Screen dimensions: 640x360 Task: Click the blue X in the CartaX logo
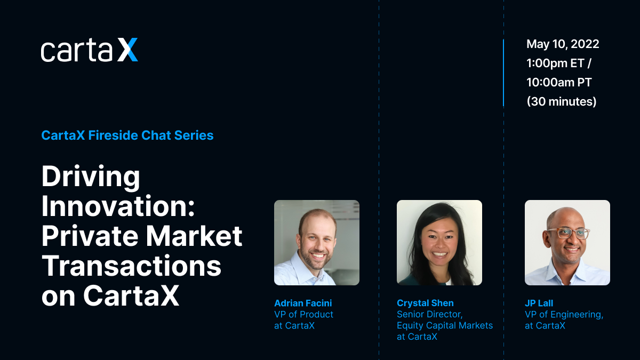point(127,50)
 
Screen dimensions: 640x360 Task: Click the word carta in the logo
point(77,51)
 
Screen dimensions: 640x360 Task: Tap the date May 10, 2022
point(563,44)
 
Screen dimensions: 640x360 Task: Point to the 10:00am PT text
point(559,82)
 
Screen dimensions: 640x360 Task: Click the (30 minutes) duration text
point(562,101)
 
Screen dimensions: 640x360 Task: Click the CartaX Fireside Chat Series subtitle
point(127,135)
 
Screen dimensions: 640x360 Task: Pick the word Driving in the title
point(91,178)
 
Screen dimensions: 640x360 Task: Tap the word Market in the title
point(194,236)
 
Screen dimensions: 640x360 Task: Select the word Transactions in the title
point(131,266)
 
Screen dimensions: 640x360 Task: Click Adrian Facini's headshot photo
point(317,243)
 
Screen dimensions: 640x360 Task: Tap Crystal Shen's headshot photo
point(439,243)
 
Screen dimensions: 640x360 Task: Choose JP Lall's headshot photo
point(567,243)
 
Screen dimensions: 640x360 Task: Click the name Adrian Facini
point(303,303)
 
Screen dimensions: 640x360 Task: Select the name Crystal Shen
point(425,303)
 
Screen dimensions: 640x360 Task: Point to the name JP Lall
point(539,303)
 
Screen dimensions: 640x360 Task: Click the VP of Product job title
point(303,314)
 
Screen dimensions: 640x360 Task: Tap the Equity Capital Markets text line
point(445,325)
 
